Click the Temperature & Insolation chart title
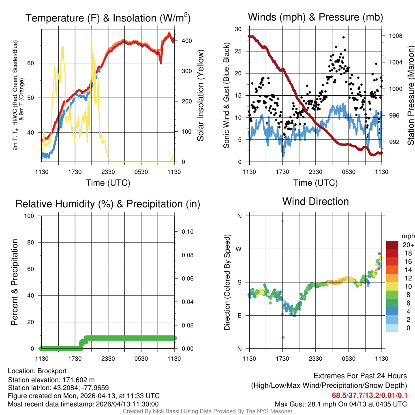click(x=108, y=18)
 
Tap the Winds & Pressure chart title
click(x=315, y=17)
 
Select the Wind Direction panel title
click(x=315, y=201)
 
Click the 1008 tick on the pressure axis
click(x=395, y=36)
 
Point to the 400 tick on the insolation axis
click(x=182, y=41)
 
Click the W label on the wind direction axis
click(x=239, y=249)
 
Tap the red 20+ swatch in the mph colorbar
click(x=393, y=245)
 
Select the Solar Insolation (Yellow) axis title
click(x=200, y=96)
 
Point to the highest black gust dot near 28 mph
click(x=343, y=37)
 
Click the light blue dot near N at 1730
click(x=283, y=221)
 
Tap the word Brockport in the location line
click(x=52, y=371)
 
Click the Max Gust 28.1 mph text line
click(x=340, y=404)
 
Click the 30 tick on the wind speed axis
click(x=238, y=29)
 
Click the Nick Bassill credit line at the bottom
click(x=207, y=411)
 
